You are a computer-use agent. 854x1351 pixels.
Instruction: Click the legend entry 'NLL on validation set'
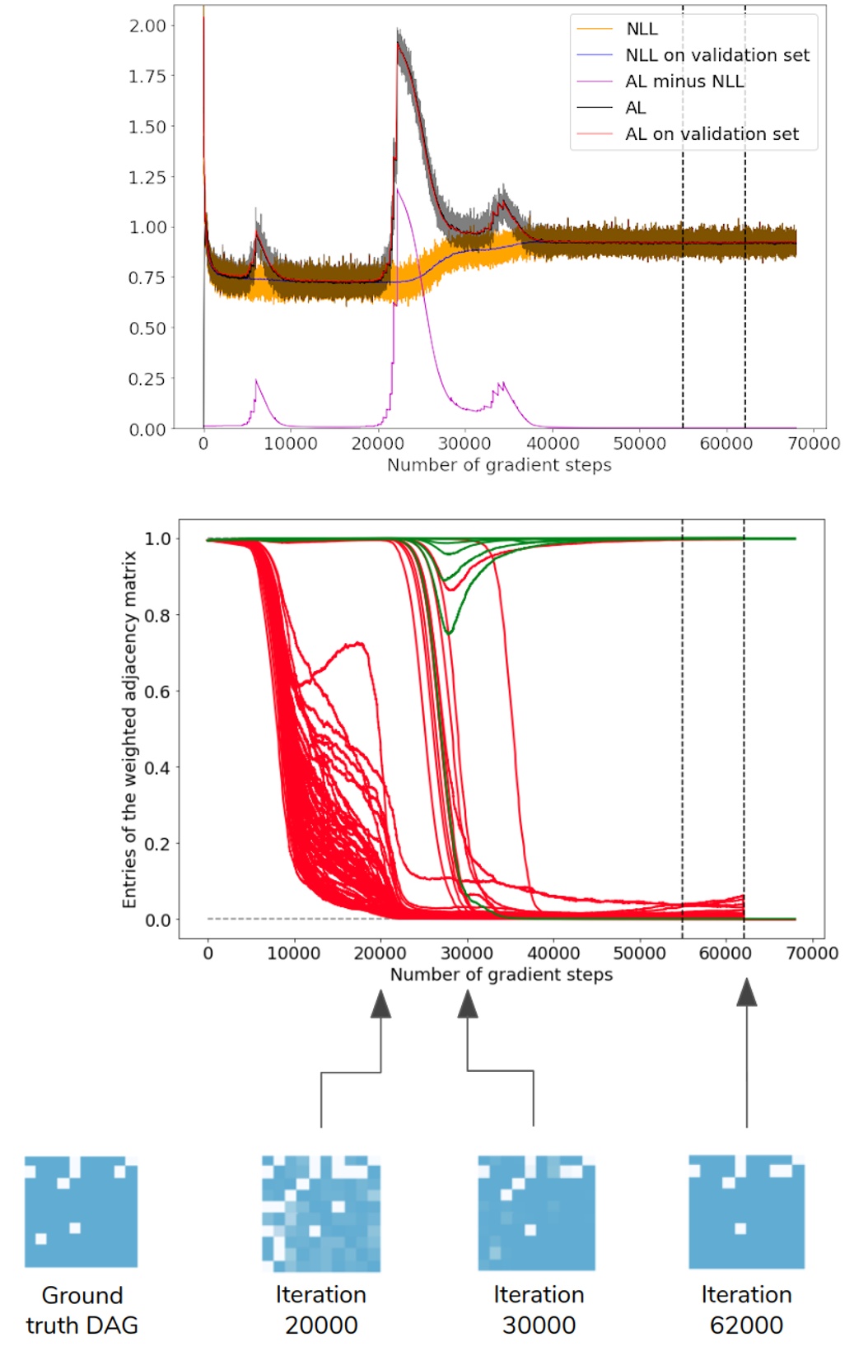[716, 55]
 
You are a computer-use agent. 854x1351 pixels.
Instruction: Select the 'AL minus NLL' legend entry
[684, 82]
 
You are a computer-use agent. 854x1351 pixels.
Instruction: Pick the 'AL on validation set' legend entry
[712, 134]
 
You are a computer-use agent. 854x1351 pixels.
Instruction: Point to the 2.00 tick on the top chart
[147, 26]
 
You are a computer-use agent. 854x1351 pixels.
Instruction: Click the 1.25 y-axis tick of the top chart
[147, 177]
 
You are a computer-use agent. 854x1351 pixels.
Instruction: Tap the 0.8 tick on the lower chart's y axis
[157, 615]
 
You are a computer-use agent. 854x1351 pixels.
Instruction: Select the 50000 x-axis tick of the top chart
[639, 444]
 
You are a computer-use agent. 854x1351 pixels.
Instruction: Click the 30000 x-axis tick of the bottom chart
[466, 953]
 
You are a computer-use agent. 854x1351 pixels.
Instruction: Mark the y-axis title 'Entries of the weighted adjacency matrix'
[129, 729]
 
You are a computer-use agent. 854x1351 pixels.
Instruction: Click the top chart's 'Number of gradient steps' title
[499, 465]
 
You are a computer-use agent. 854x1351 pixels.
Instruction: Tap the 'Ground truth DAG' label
[82, 1310]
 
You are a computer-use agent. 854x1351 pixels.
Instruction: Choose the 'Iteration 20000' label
[321, 1310]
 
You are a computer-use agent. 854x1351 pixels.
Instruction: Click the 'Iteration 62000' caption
[746, 1310]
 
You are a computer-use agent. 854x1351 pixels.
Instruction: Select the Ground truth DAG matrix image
[81, 1211]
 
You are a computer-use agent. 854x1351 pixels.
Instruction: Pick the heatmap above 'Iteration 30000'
[536, 1213]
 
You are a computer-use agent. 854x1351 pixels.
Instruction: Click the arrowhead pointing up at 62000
[746, 993]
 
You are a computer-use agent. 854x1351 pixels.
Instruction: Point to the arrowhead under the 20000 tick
[380, 1004]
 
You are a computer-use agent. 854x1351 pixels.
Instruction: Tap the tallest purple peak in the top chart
[398, 189]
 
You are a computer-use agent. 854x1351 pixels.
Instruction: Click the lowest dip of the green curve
[449, 632]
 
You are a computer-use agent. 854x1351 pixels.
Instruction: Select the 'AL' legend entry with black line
[636, 108]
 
